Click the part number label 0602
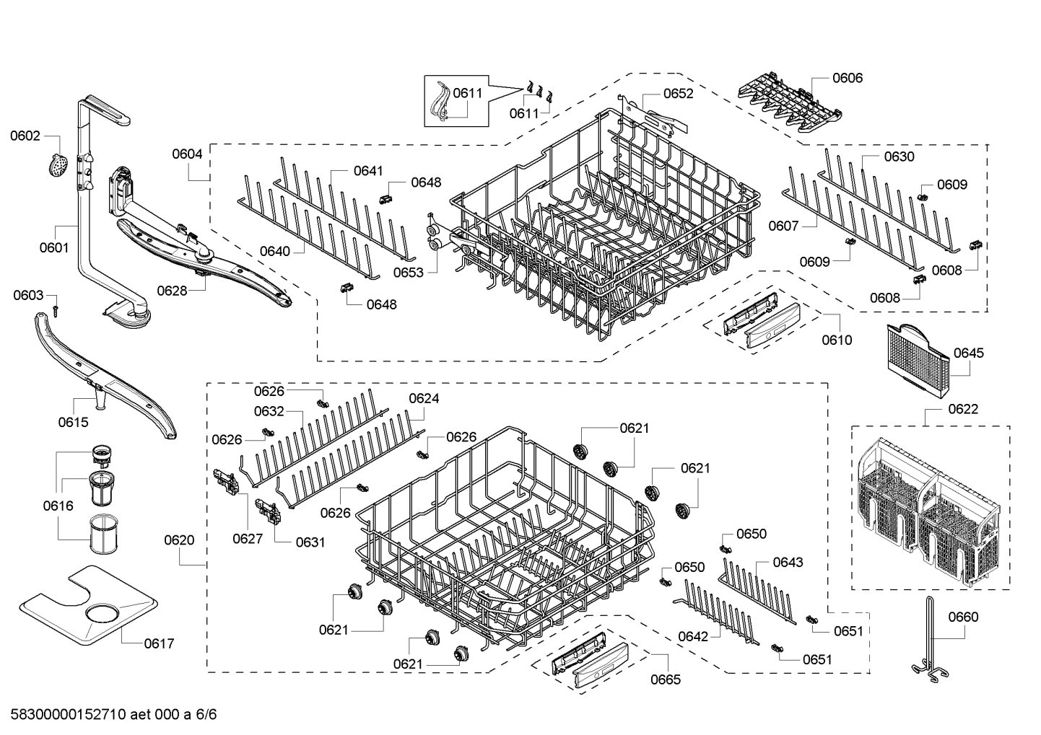tap(25, 136)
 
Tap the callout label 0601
tap(54, 247)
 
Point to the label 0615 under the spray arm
tap(73, 422)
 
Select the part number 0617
tap(159, 643)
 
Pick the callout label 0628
tap(172, 290)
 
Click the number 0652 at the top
tap(678, 93)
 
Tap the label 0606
tap(848, 78)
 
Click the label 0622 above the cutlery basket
tap(963, 409)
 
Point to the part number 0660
tap(963, 617)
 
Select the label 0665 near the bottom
tap(665, 679)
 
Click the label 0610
tap(837, 340)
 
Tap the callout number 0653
tap(409, 272)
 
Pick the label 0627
tap(248, 538)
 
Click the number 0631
tap(310, 542)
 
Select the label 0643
tap(788, 562)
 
